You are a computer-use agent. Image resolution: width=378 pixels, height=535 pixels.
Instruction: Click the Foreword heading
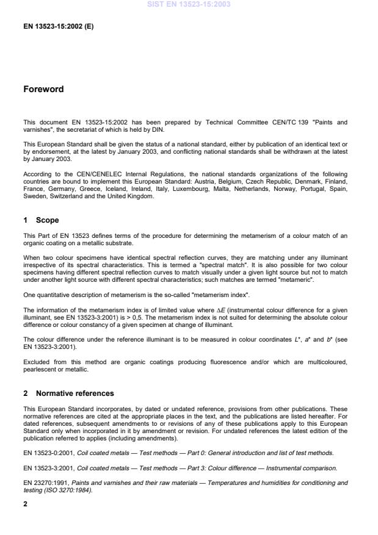(x=43, y=89)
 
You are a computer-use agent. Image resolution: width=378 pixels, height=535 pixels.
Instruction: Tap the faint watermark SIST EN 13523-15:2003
(x=188, y=4)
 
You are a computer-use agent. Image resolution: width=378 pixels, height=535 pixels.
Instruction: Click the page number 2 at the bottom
(x=25, y=504)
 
